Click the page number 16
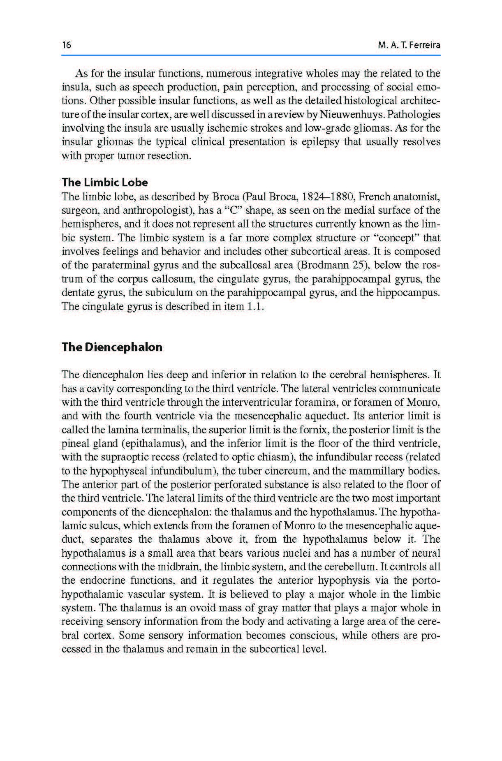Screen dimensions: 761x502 tap(66, 45)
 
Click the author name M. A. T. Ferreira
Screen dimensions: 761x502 tap(409, 45)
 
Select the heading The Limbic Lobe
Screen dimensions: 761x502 tap(104, 182)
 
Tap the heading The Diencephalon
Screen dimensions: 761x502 tap(112, 347)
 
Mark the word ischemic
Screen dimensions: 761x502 tap(214, 128)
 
